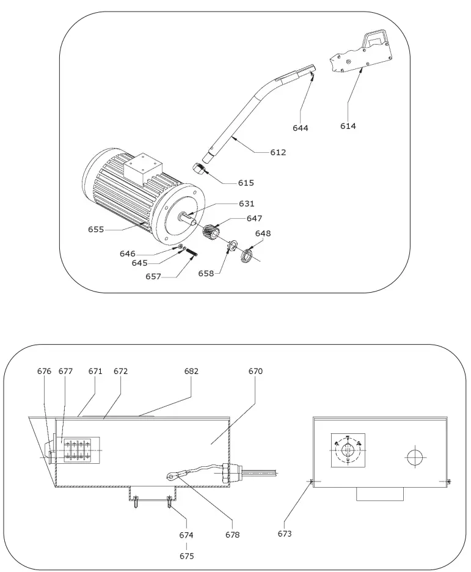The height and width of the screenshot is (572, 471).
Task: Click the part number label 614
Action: click(x=348, y=127)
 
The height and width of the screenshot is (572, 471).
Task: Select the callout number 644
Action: click(x=300, y=128)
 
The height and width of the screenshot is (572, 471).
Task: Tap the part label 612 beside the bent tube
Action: click(x=278, y=152)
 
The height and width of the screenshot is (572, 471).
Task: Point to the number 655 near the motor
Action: click(x=96, y=230)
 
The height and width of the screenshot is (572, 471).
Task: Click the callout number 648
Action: click(x=263, y=233)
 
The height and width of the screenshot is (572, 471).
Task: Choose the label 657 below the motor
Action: click(x=153, y=276)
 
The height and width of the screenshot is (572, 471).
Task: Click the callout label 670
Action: click(x=255, y=371)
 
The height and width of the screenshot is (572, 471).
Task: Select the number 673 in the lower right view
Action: click(x=285, y=533)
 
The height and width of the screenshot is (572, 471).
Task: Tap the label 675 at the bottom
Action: click(x=186, y=556)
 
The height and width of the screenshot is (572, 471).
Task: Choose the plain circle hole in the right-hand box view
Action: click(x=414, y=455)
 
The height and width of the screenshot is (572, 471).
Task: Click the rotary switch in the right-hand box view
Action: click(x=347, y=450)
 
